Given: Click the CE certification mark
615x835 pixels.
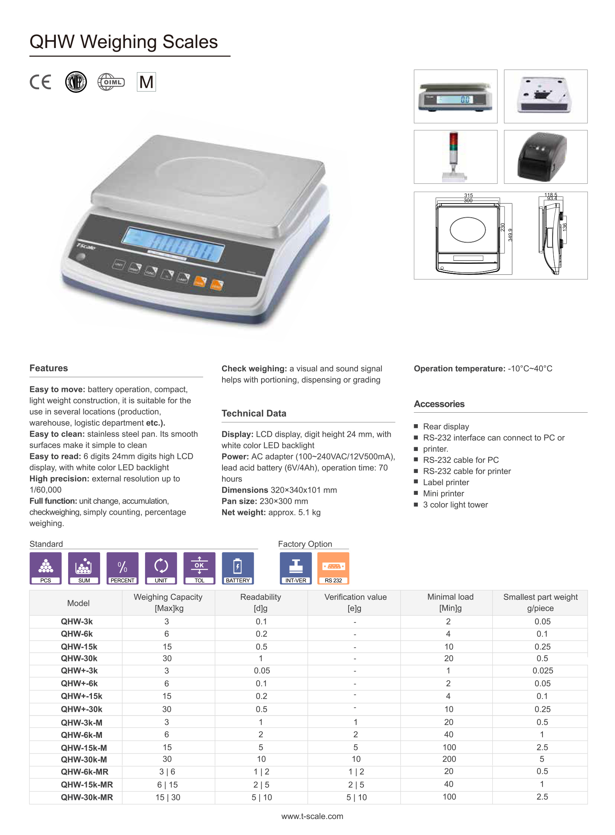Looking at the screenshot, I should [40, 82].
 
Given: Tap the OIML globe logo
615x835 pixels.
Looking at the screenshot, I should [111, 82].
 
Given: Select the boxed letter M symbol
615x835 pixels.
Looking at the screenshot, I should [146, 82].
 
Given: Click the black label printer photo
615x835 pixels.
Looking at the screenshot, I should [545, 157].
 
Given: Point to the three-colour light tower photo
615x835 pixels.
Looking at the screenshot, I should [455, 157].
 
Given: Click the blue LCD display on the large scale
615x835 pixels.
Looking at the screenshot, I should [173, 245].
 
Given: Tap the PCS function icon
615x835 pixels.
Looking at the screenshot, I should [46, 568].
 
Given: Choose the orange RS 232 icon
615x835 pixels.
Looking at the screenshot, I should [333, 568].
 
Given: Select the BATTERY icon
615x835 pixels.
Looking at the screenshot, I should [238, 568].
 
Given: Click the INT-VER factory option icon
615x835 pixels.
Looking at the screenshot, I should [295, 568].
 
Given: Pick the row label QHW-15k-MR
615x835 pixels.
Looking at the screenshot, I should [87, 784].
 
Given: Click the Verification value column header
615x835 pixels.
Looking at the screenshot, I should [355, 602].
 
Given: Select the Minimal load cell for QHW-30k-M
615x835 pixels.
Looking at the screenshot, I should [449, 759].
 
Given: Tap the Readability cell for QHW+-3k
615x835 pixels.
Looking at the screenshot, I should [262, 671].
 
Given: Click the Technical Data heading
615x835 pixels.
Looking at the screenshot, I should [254, 413].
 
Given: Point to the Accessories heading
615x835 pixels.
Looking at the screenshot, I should [439, 404].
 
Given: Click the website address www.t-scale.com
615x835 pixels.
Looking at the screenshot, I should [312, 816].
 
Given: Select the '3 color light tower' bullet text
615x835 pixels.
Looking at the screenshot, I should [455, 505].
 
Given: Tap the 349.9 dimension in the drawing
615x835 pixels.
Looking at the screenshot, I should [510, 235].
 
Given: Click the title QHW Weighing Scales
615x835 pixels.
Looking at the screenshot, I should [124, 42].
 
